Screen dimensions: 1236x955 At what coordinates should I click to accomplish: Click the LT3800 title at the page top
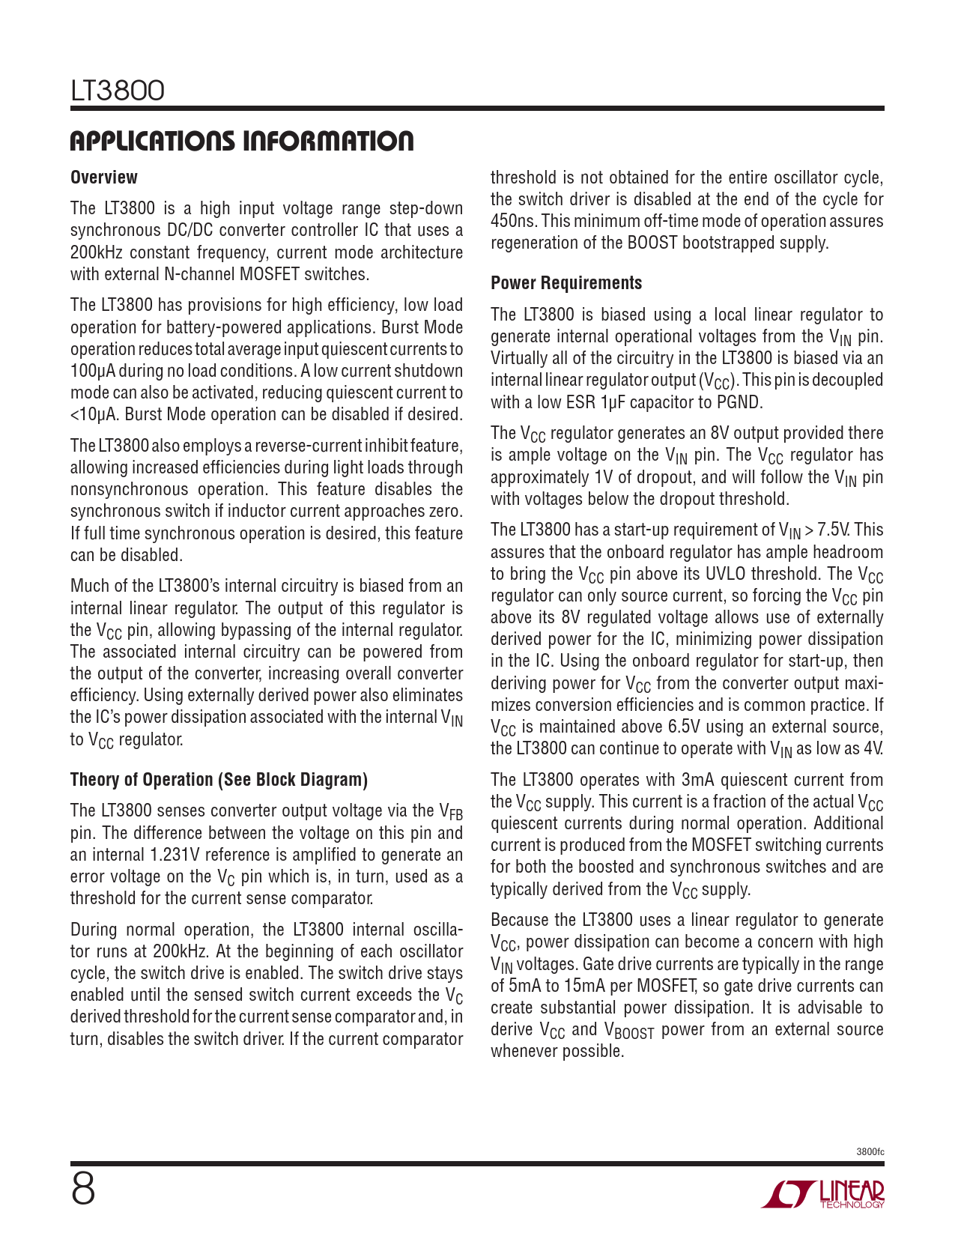pyautogui.click(x=118, y=91)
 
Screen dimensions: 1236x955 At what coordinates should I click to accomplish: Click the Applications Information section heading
pyautogui.click(x=242, y=141)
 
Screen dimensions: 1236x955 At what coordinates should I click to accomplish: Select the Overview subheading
pyautogui.click(x=104, y=178)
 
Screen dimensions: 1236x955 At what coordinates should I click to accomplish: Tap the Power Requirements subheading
pyautogui.click(x=566, y=283)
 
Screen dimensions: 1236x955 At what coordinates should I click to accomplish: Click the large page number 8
pyautogui.click(x=83, y=1189)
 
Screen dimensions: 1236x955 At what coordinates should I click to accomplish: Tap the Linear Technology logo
pyautogui.click(x=823, y=1194)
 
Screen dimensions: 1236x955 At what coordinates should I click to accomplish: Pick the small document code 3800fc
pyautogui.click(x=870, y=1151)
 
